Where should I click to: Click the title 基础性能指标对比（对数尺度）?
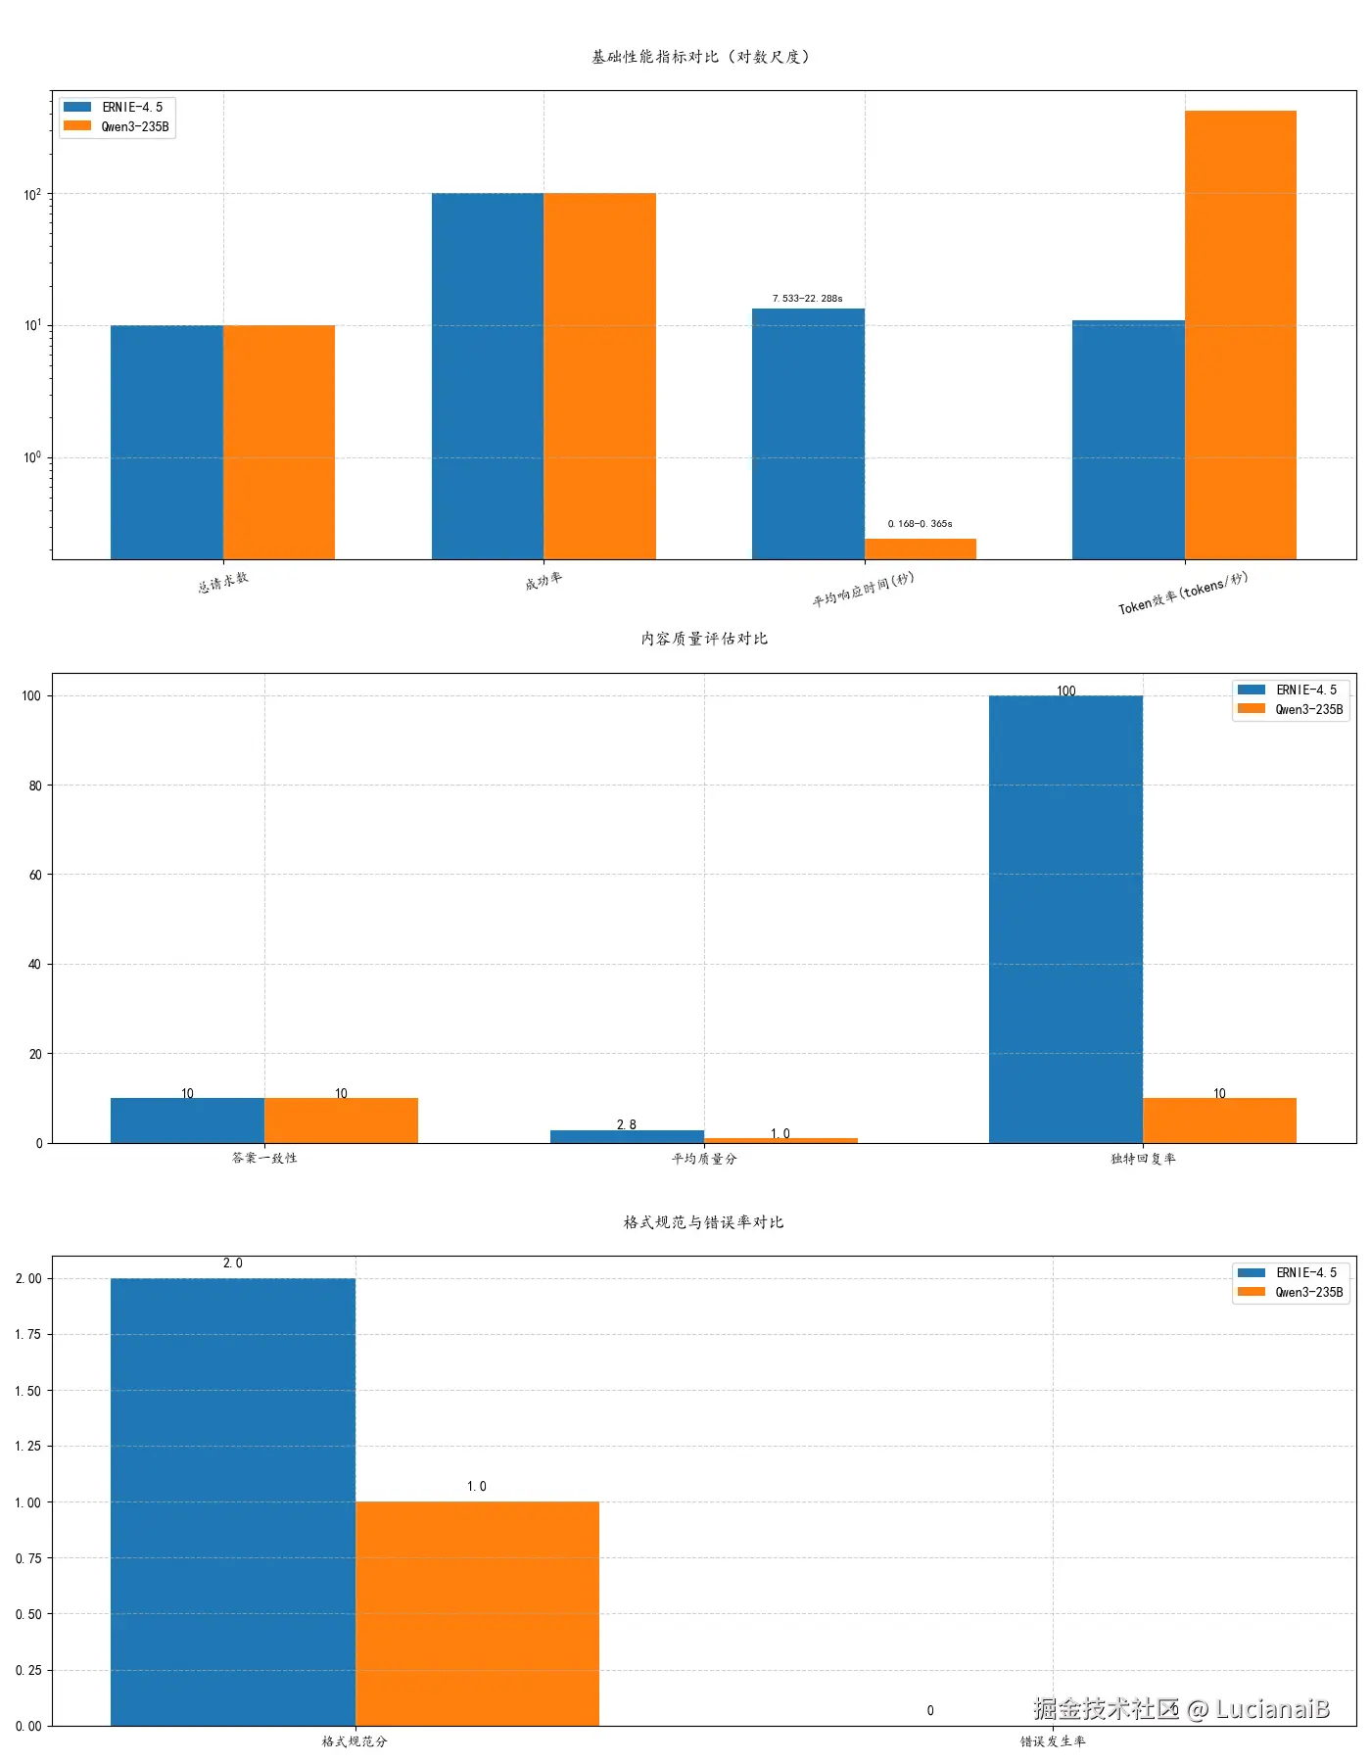coord(701,57)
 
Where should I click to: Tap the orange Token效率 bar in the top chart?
coord(1240,333)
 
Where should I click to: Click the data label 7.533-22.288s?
coord(807,298)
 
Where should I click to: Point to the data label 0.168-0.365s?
coord(920,524)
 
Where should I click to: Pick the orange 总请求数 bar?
coord(279,441)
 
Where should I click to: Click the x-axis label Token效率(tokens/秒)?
coord(1183,593)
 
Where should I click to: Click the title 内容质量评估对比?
coord(704,639)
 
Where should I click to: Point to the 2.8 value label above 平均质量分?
coord(627,1124)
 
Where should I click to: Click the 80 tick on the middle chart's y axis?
coord(35,786)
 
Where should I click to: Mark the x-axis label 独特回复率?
coord(1143,1159)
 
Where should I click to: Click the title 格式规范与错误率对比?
coord(704,1222)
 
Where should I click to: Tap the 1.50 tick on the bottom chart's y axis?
coord(28,1391)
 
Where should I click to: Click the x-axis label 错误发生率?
coord(1053,1741)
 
